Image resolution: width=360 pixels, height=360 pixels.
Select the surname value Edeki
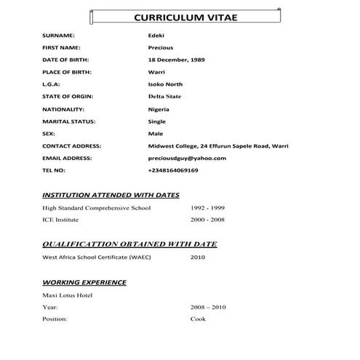pyautogui.click(x=156, y=35)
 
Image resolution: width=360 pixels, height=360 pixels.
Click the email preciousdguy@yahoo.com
pyautogui.click(x=187, y=158)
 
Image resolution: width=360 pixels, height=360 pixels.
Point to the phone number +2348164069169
pyautogui.click(x=173, y=170)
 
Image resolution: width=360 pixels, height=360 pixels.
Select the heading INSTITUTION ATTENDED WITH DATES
pyautogui.click(x=111, y=195)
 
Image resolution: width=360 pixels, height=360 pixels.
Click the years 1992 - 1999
pyautogui.click(x=207, y=208)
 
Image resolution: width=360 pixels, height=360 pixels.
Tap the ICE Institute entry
pyautogui.click(x=63, y=220)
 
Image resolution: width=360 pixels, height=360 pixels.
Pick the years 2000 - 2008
pyautogui.click(x=207, y=220)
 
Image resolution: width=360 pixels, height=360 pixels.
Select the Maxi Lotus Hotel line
pyautogui.click(x=67, y=295)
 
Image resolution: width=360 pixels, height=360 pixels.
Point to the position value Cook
pyautogui.click(x=198, y=319)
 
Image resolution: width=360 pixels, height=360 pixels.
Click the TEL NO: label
pyautogui.click(x=55, y=170)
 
